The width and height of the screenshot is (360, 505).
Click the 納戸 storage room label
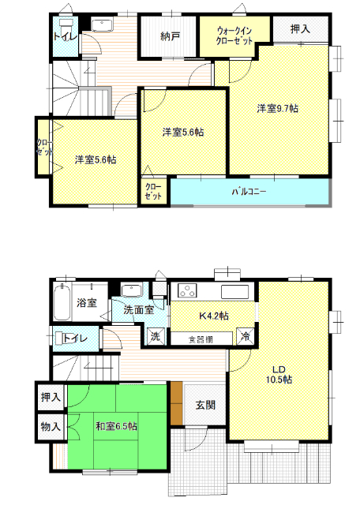pyautogui.click(x=170, y=36)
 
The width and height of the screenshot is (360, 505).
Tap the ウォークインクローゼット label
pyautogui.click(x=234, y=36)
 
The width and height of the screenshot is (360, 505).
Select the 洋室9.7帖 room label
pyautogui.click(x=277, y=109)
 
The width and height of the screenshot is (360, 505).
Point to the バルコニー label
pyautogui.click(x=249, y=192)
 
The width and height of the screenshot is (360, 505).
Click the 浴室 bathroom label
pyautogui.click(x=87, y=302)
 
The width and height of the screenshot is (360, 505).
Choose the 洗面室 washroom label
pyautogui.click(x=139, y=310)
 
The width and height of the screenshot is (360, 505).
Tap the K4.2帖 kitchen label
pyautogui.click(x=214, y=316)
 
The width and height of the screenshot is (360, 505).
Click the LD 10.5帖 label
pyautogui.click(x=279, y=375)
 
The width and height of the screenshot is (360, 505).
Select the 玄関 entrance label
pyautogui.click(x=205, y=405)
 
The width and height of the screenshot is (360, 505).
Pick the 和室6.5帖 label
pyautogui.click(x=116, y=426)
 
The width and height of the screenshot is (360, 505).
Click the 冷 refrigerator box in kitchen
pyautogui.click(x=246, y=336)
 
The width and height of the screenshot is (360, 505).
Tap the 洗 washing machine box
pyautogui.click(x=156, y=337)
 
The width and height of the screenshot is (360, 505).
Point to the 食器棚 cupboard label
pyautogui.click(x=201, y=339)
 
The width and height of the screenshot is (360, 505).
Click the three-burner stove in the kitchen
pyautogui.click(x=186, y=290)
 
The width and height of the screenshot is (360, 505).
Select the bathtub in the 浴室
pyautogui.click(x=62, y=302)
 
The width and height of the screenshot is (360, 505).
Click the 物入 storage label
pyautogui.click(x=51, y=427)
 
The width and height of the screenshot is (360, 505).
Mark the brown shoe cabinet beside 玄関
pyautogui.click(x=177, y=403)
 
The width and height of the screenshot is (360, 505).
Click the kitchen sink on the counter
pyautogui.click(x=234, y=292)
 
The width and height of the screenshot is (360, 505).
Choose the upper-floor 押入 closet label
pyautogui.click(x=300, y=29)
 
